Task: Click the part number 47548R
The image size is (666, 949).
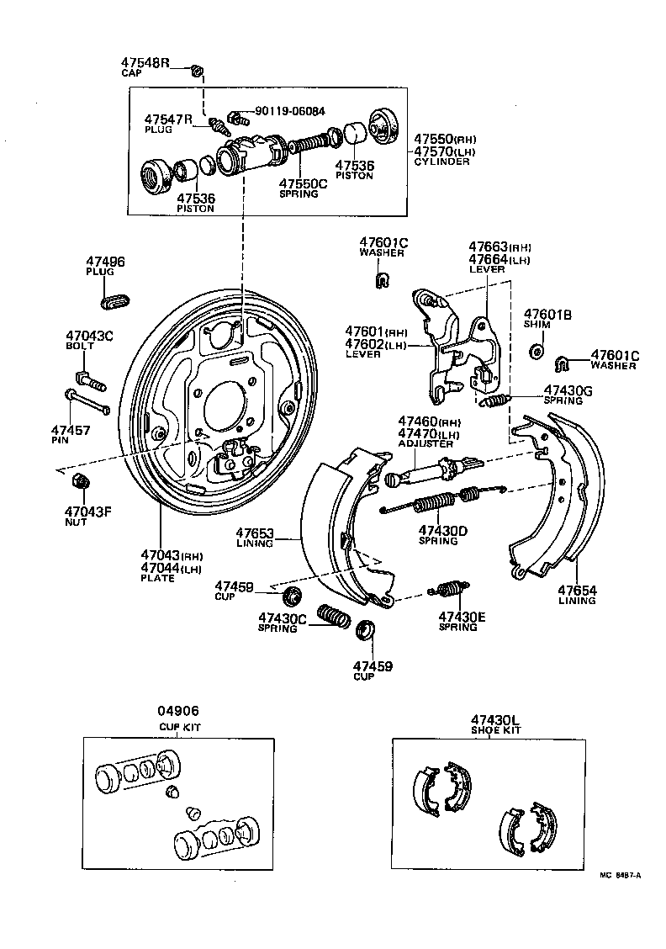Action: click(x=144, y=63)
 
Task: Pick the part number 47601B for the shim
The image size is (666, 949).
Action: click(x=547, y=314)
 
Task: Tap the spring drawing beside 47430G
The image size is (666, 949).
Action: click(x=498, y=400)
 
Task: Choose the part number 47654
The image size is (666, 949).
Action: click(x=578, y=591)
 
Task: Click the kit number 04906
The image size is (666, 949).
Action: click(x=180, y=712)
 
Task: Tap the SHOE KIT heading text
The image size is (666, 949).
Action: click(x=495, y=730)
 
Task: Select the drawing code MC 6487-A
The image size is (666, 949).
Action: click(x=619, y=874)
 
